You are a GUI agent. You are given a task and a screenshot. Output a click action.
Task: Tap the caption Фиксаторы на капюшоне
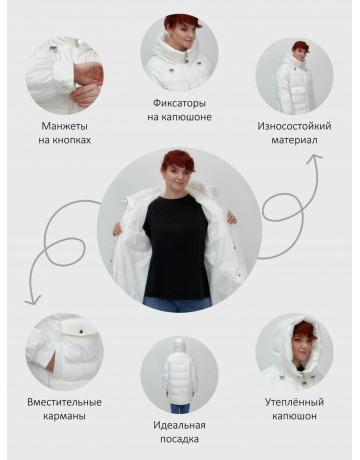point(179,109)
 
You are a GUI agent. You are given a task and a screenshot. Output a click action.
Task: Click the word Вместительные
point(65,402)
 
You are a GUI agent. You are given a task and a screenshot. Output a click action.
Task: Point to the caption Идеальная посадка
point(179,432)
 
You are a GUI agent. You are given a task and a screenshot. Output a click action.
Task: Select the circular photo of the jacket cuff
point(64,75)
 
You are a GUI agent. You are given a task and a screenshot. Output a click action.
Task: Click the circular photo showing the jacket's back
point(179,375)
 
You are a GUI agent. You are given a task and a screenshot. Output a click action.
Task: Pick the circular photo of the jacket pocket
point(64,351)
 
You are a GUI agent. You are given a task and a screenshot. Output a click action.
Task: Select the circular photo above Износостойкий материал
point(294,75)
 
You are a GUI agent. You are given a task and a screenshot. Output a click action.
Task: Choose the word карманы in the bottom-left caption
point(65,416)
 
